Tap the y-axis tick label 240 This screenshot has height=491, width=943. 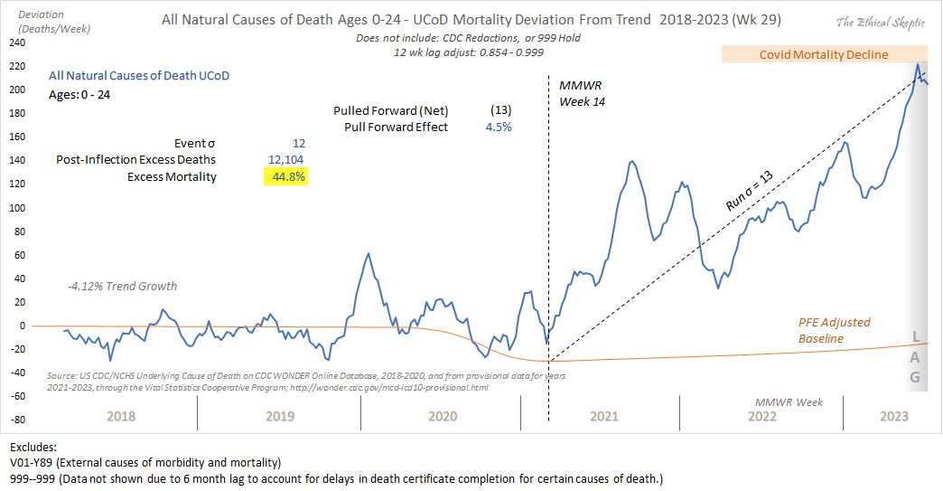click(x=15, y=42)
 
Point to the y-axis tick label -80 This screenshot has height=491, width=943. click(x=15, y=420)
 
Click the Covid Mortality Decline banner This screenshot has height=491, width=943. click(x=822, y=55)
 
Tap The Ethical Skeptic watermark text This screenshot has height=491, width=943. click(x=876, y=22)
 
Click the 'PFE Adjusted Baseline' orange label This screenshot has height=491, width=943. click(x=834, y=330)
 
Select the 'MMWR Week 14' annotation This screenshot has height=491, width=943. click(x=581, y=93)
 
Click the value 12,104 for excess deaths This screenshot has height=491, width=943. click(x=286, y=160)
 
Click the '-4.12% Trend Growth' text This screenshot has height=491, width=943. click(x=122, y=287)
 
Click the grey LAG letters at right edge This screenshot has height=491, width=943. click(x=915, y=357)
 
